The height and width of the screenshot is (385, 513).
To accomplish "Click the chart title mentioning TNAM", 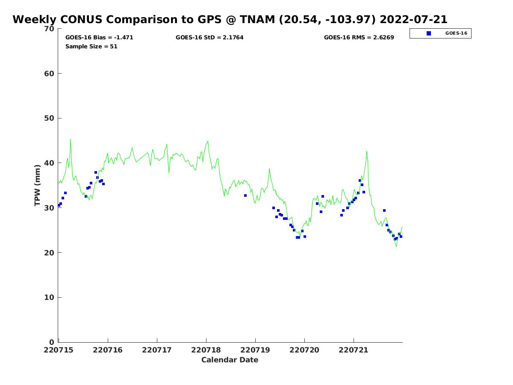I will [x=230, y=20].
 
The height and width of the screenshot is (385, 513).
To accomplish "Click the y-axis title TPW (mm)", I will [x=38, y=185].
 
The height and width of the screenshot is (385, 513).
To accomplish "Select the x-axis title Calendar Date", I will [x=230, y=360].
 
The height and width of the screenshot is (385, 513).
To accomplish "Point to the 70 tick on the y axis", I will [x=50, y=29].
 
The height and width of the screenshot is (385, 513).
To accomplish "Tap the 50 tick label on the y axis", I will [x=50, y=118].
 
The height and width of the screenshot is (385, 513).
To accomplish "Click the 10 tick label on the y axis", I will [x=50, y=297].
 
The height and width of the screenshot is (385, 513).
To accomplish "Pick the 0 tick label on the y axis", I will [x=52, y=342].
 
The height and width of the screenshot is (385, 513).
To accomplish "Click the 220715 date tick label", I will [x=59, y=350].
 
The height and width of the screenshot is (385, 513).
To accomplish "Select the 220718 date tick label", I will [x=206, y=350].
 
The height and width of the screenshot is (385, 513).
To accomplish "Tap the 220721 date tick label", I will [x=354, y=350].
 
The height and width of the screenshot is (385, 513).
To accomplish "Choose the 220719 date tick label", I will [x=255, y=350].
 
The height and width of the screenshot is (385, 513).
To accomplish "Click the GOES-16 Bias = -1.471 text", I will [x=99, y=38].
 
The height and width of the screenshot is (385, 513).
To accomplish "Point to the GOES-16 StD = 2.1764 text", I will [x=209, y=38].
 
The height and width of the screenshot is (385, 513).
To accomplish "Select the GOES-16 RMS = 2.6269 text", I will [x=359, y=38].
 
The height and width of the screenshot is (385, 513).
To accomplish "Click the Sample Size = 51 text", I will [x=91, y=46].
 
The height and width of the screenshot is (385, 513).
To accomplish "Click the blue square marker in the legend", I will [x=429, y=33].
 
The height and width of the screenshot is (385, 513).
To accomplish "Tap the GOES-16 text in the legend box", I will [x=456, y=33].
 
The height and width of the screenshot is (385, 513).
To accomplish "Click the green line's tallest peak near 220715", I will [x=71, y=139].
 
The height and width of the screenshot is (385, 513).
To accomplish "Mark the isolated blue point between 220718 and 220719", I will [x=245, y=195].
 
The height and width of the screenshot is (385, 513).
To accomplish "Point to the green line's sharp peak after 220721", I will [x=366, y=151].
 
